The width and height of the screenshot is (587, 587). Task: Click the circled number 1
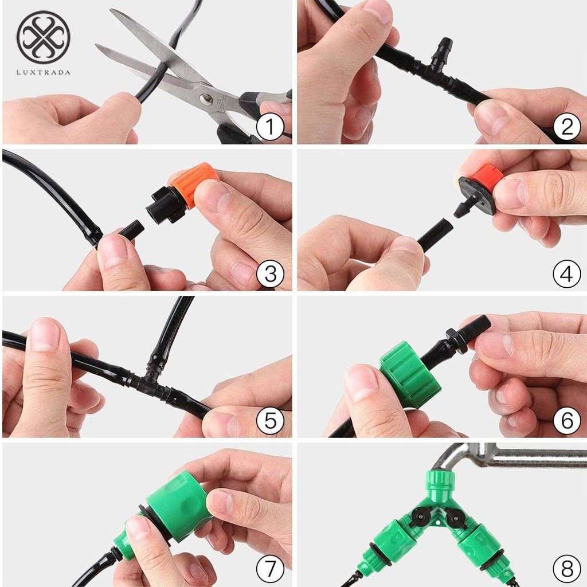270,127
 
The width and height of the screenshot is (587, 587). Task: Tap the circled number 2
567,127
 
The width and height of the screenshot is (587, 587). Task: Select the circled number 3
270,274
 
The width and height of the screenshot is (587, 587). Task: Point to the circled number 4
567,274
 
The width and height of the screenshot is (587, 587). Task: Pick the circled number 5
270,421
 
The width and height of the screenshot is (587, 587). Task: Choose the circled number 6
567,421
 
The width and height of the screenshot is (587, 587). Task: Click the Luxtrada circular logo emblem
44,37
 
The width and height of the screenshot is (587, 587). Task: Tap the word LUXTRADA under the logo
44,73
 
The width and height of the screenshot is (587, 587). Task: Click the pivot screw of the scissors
206,99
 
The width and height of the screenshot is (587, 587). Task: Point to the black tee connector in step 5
150,382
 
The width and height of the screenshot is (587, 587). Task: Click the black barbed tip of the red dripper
461,208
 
